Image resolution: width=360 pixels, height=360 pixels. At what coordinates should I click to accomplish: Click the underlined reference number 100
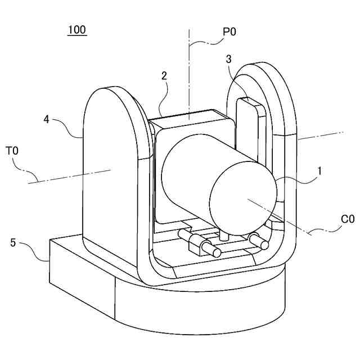point(77,30)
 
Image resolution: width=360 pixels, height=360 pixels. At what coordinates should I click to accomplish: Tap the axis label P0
point(229,32)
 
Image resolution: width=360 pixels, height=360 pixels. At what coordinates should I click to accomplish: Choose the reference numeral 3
point(228,58)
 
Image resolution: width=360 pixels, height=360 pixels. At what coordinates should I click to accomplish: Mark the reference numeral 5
point(13,243)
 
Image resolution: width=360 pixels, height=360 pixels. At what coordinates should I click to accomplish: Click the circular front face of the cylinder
point(243,196)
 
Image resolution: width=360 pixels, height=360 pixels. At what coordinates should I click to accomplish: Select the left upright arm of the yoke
point(110,169)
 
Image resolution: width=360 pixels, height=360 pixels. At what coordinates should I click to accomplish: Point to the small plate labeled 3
point(247,129)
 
